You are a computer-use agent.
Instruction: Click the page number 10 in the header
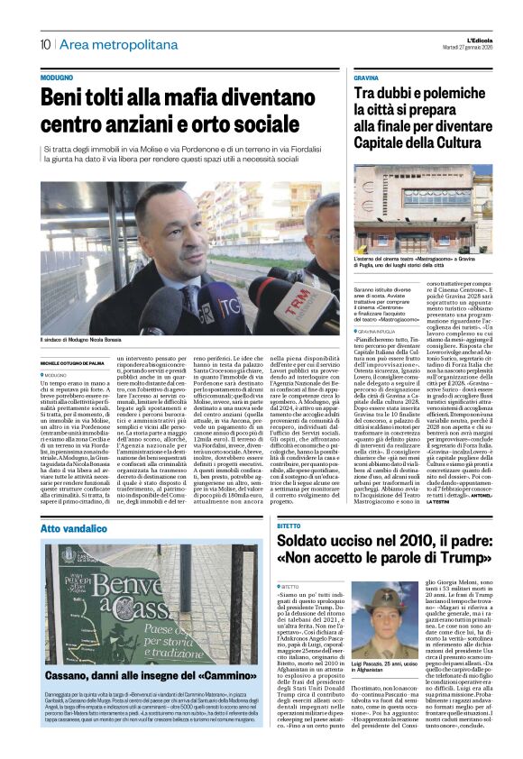(x=44, y=44)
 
